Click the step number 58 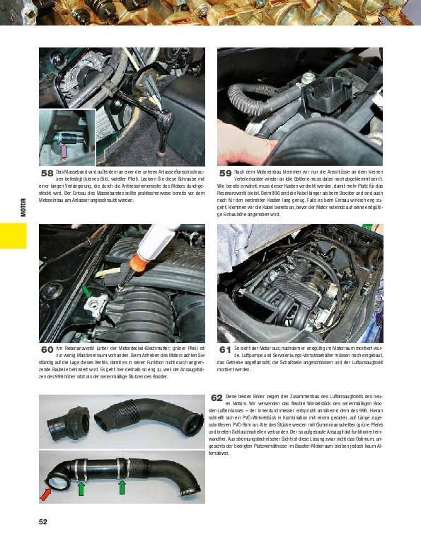point(47,173)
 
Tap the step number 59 point(225,173)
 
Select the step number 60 point(47,349)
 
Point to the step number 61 point(225,349)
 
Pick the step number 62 point(217,398)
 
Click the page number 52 point(43,522)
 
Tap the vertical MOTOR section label point(23,206)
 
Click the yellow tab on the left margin point(13,235)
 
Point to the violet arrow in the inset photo point(63,149)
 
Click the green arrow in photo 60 point(86,290)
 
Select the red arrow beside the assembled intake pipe point(47,493)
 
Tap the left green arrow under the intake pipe point(81,488)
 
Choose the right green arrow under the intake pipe point(122,487)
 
